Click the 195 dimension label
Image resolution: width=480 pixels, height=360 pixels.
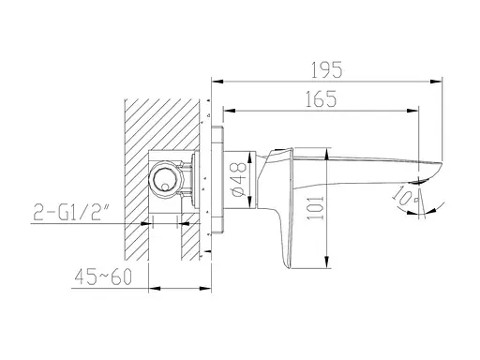click(x=327, y=70)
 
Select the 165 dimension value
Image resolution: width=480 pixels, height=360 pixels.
click(x=321, y=99)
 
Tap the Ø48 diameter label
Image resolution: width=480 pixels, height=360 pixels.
click(x=239, y=179)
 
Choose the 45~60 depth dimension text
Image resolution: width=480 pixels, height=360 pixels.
click(x=103, y=277)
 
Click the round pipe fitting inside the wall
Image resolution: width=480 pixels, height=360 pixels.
click(x=165, y=179)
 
